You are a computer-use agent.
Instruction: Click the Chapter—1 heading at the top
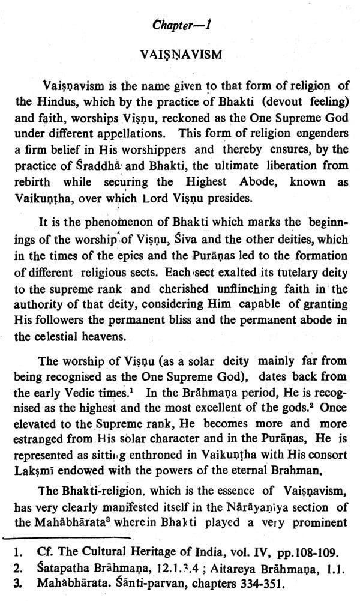[180, 26]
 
